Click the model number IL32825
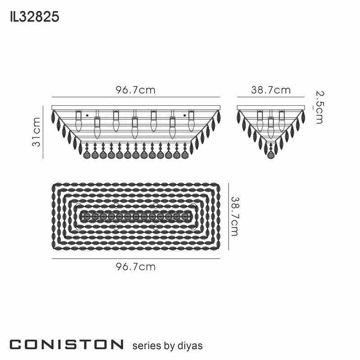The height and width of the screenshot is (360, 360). point(34,17)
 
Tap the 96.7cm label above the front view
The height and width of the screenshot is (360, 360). point(136,90)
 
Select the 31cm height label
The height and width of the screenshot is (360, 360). point(36,131)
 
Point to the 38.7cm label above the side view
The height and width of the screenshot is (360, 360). point(270,90)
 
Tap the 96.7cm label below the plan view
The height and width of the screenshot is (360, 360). point(136,267)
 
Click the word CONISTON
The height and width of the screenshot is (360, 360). point(66,345)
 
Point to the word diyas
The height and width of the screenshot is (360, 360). point(190,346)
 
